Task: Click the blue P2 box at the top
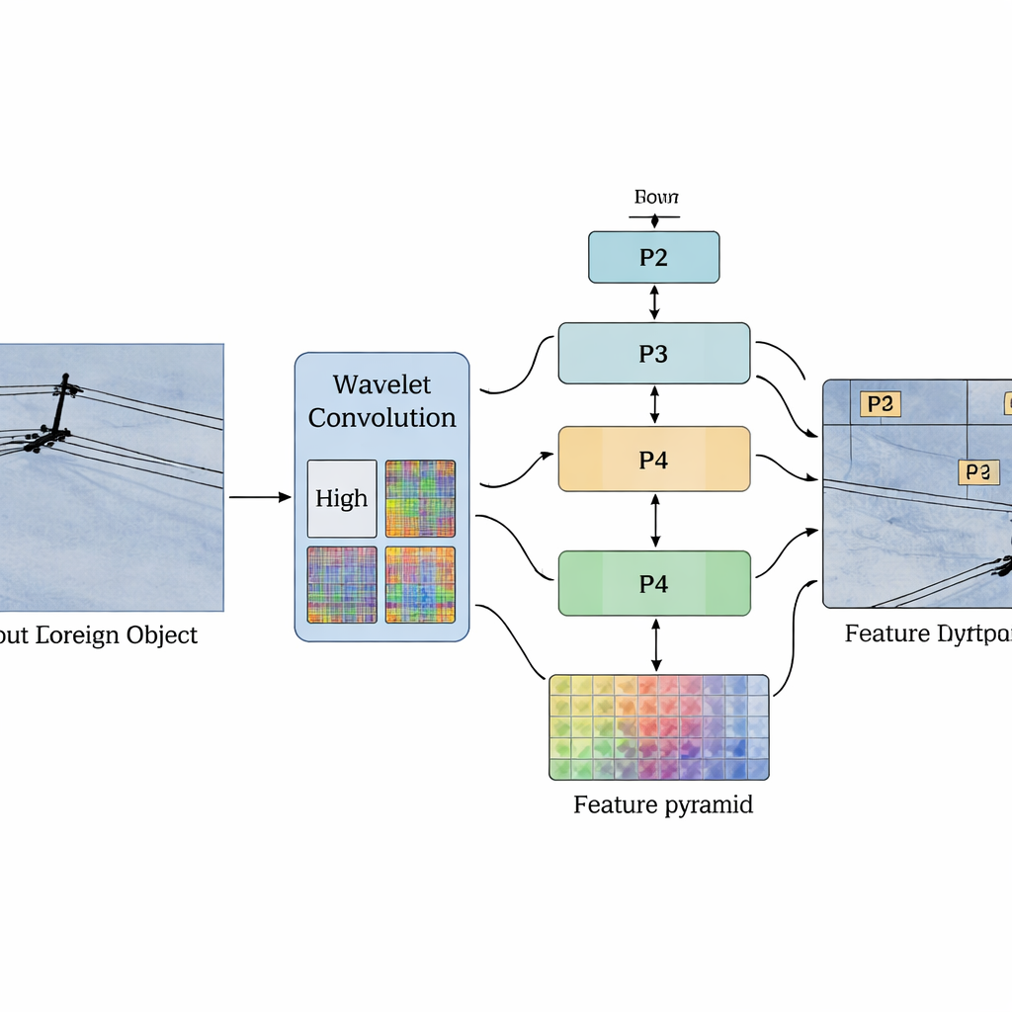(653, 257)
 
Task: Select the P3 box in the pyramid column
(653, 353)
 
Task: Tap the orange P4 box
(653, 459)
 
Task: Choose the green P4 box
(653, 583)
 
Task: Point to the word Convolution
(381, 417)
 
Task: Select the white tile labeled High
(342, 498)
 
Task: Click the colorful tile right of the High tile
(420, 498)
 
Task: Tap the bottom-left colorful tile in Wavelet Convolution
(342, 584)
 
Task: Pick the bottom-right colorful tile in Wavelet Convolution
(420, 584)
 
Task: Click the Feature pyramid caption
(663, 804)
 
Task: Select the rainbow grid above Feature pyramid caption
(658, 727)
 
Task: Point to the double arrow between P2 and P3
(654, 302)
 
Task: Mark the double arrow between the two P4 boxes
(654, 521)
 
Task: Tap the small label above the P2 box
(655, 198)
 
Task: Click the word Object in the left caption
(162, 634)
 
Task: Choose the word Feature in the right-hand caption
(885, 632)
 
